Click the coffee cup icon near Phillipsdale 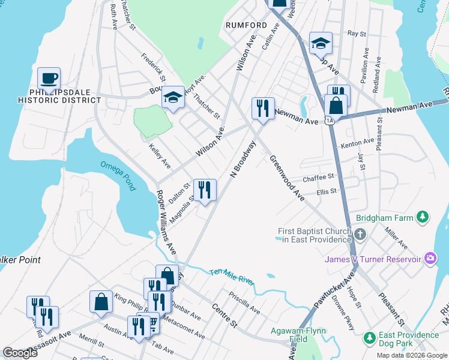[x=49, y=78]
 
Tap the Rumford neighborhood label [x=246, y=25]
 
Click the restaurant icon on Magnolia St [x=205, y=190]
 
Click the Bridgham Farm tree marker [x=423, y=217]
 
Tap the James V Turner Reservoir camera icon [x=430, y=259]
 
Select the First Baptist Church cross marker [x=360, y=235]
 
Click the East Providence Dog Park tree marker [x=369, y=339]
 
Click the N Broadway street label [x=243, y=160]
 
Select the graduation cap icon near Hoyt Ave [x=172, y=97]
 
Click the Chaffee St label [x=318, y=178]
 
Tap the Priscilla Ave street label [x=244, y=303]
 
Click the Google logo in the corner [x=20, y=353]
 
